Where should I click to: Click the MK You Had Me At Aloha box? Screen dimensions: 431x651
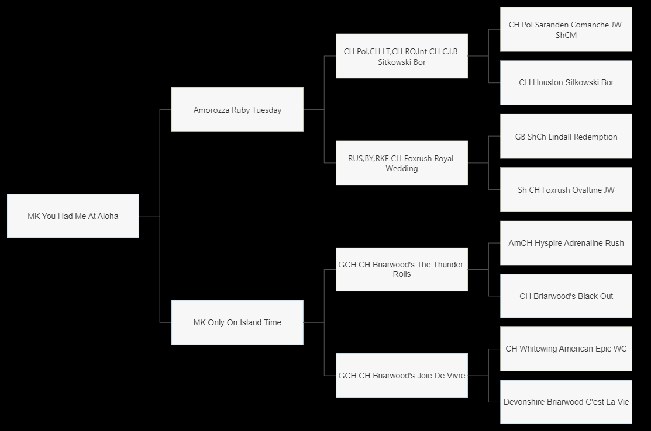[x=73, y=216]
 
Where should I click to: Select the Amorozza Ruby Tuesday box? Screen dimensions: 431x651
[x=237, y=110]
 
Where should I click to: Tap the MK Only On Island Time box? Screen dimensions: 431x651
[x=237, y=322]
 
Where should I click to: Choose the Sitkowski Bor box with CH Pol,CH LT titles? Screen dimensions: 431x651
[x=402, y=57]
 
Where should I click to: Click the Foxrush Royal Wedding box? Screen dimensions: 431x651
[x=402, y=163]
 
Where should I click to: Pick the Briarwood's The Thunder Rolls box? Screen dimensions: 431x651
[x=402, y=269]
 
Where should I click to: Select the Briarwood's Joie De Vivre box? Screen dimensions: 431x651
[x=402, y=376]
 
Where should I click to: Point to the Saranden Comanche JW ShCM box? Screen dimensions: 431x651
[x=566, y=30]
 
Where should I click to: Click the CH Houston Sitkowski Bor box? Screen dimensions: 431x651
[x=566, y=83]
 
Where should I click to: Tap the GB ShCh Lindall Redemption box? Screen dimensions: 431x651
[x=566, y=137]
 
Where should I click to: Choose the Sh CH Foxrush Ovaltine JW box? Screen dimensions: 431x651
[x=566, y=190]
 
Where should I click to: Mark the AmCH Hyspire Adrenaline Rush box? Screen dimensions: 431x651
[x=566, y=243]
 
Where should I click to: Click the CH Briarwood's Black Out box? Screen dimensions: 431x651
[x=566, y=296]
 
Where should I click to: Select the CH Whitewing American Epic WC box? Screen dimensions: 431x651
[x=566, y=349]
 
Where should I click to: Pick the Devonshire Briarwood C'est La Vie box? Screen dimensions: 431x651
[x=566, y=402]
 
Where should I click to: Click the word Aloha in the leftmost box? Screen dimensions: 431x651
[x=107, y=216]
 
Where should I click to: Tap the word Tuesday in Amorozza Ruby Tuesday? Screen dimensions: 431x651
[x=267, y=110]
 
